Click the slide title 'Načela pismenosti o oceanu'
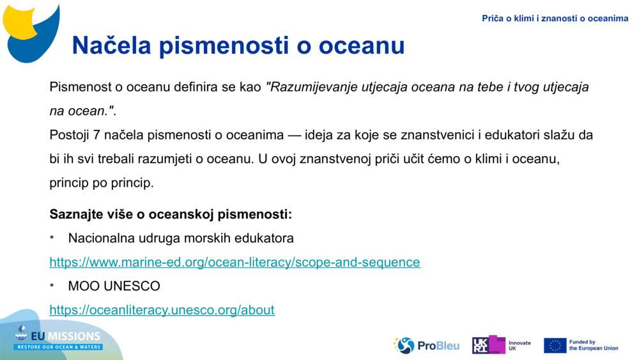tap(238, 45)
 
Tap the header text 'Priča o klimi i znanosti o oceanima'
tap(555, 19)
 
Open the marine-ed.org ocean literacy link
tap(235, 262)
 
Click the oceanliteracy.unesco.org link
tap(162, 310)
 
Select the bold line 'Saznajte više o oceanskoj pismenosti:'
tap(171, 214)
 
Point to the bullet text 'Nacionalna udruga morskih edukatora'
tap(181, 239)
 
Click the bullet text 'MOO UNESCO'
tap(114, 286)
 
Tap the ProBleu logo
tap(426, 345)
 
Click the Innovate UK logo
tap(501, 345)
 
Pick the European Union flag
tap(555, 345)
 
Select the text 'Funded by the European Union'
tap(593, 345)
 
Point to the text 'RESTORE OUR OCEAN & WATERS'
tap(59, 347)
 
